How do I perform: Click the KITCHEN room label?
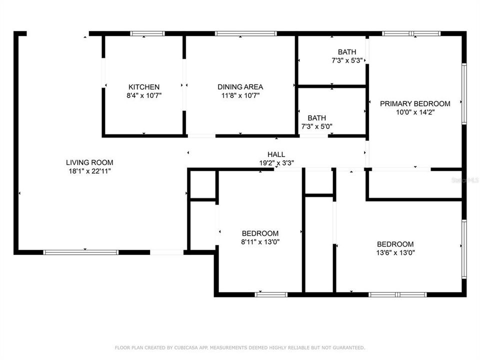tap(144, 87)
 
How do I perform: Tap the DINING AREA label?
tap(240, 87)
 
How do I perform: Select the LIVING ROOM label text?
tap(89, 162)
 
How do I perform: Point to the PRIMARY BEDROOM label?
tap(415, 104)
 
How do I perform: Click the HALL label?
tap(276, 154)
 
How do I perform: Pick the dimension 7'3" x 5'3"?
tap(347, 60)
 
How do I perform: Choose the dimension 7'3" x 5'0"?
tap(317, 126)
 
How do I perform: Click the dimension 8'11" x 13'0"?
tap(260, 241)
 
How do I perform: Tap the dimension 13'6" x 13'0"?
tap(395, 252)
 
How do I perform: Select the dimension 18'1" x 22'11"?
tap(89, 171)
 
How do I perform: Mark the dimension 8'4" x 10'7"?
tap(144, 95)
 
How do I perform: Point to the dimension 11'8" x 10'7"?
tap(240, 95)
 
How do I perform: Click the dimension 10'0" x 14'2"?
tap(415, 112)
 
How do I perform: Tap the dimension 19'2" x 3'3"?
tap(276, 163)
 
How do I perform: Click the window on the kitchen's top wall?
tap(147, 33)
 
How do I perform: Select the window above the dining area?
tap(245, 33)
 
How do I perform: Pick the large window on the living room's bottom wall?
tap(81, 252)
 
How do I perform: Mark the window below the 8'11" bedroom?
tap(271, 294)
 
